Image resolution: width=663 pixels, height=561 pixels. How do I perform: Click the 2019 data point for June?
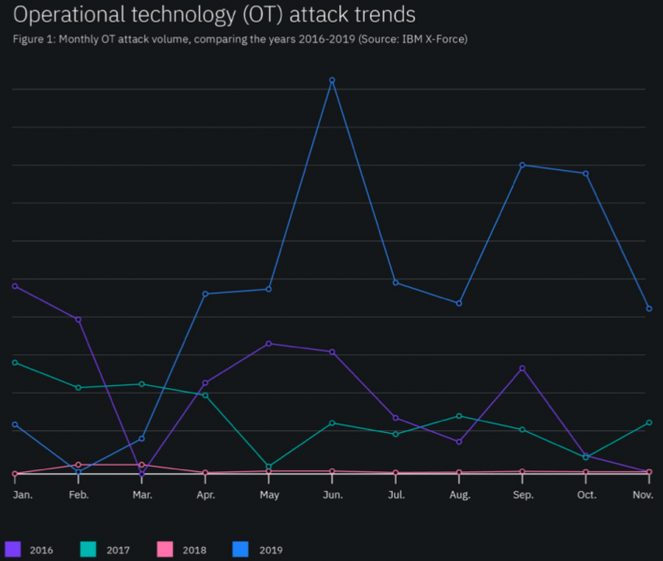coord(332,80)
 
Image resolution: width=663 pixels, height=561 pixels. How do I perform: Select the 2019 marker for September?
coord(522,165)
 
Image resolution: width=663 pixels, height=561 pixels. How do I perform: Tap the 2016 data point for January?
coord(15,286)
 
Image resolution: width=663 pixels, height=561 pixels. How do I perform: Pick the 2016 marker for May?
coord(268,343)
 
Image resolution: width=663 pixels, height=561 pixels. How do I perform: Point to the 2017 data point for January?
coord(15,362)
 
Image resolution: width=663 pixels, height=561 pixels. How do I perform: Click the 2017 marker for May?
coord(268,467)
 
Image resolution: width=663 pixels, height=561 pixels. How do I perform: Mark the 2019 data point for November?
coord(648,309)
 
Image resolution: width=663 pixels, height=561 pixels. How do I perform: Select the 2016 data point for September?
coord(522,368)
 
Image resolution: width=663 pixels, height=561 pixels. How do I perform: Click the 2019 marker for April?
coord(205,294)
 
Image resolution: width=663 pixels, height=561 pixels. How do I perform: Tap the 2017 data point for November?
coord(648,423)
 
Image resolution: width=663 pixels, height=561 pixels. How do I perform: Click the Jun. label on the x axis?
coord(332,494)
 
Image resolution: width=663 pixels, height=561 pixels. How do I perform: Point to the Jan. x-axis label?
coord(22,494)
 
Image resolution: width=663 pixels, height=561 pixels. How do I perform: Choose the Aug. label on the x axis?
coord(459,494)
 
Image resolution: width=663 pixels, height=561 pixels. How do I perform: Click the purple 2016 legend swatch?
coord(13,550)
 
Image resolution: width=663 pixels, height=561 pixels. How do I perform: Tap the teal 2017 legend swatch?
coord(89,550)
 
